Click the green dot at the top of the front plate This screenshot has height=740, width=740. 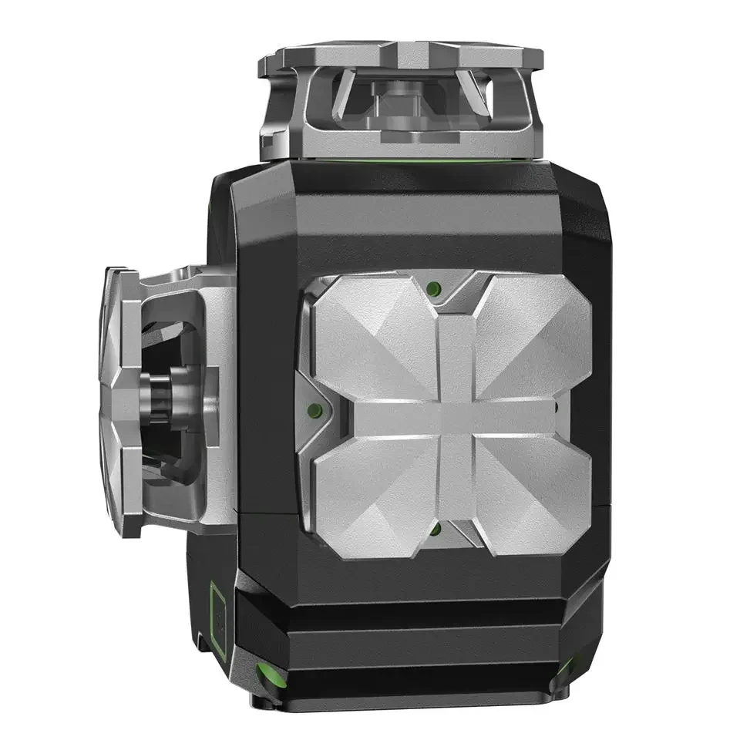433,289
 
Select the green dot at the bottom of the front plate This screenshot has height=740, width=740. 435,530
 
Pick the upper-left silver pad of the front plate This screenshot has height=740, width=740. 370,339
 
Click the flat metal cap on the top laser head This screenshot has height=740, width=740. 401,55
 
